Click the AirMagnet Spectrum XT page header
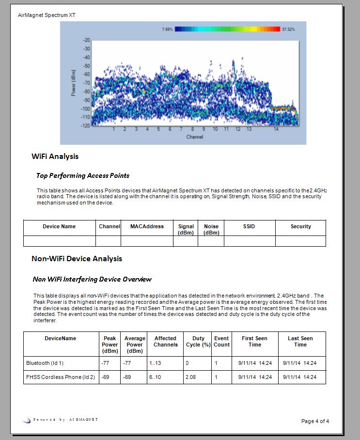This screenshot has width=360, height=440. (x=47, y=15)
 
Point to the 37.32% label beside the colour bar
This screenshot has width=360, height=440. (x=288, y=30)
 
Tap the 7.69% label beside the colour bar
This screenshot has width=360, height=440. (x=168, y=30)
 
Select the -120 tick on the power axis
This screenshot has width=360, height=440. (x=85, y=126)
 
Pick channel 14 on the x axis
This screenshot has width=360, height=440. (x=276, y=129)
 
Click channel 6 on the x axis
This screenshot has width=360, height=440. (x=170, y=129)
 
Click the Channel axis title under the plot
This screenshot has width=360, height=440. (x=194, y=137)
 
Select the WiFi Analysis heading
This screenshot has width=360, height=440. (x=55, y=157)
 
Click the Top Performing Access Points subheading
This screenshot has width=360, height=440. (x=83, y=175)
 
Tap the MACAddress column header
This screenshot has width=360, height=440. (x=147, y=226)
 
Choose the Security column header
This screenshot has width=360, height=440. (x=300, y=226)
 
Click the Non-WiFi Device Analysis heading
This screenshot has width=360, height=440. (x=77, y=259)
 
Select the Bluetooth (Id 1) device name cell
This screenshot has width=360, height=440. (x=45, y=362)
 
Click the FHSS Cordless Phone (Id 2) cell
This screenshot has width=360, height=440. (x=60, y=377)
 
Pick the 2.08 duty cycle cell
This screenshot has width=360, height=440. (x=191, y=377)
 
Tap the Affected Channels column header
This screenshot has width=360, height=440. (x=165, y=342)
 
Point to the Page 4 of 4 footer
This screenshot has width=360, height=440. (x=315, y=421)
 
